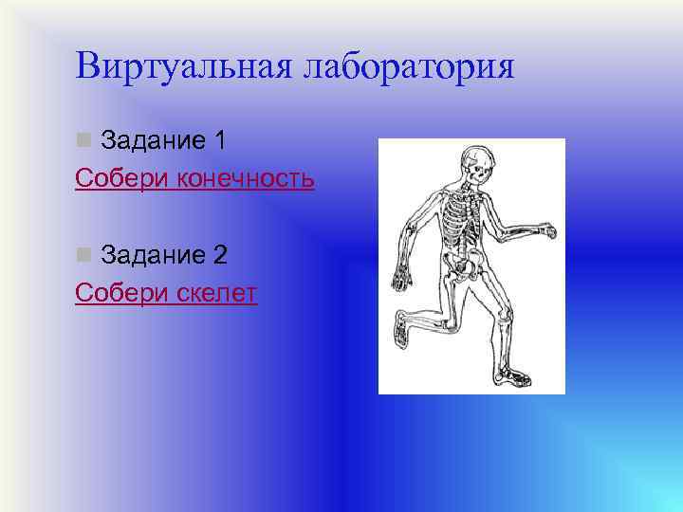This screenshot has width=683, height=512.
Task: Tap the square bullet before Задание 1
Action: [x=83, y=141]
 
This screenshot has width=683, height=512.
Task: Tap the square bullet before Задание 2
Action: [x=83, y=255]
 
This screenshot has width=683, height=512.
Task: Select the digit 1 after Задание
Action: [x=220, y=141]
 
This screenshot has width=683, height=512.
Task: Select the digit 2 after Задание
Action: [x=220, y=255]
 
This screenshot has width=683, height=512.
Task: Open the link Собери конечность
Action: [x=194, y=179]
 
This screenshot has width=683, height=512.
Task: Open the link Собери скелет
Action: [x=166, y=294]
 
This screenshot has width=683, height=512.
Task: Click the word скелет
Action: [x=217, y=294]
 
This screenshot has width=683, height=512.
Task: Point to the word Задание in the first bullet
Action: [x=153, y=141]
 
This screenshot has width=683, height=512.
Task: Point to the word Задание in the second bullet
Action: [x=153, y=255]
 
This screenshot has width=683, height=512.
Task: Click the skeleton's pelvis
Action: [x=464, y=266]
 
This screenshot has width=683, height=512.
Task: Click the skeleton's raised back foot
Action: [x=402, y=331]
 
